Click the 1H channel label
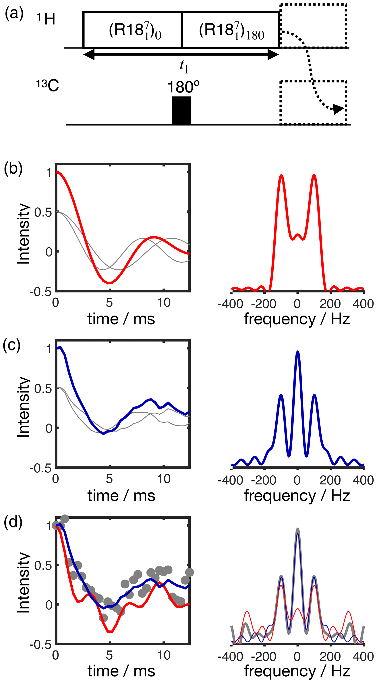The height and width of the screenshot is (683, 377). (x=46, y=19)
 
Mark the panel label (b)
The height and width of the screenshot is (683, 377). (x=13, y=169)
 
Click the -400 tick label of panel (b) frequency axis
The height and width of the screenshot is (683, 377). (x=230, y=304)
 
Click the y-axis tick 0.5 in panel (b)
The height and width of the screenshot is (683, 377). (x=43, y=212)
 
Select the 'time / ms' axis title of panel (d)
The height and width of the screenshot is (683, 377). (x=121, y=671)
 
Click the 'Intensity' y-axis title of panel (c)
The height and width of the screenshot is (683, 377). (x=23, y=407)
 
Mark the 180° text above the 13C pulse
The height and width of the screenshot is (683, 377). (x=183, y=87)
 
